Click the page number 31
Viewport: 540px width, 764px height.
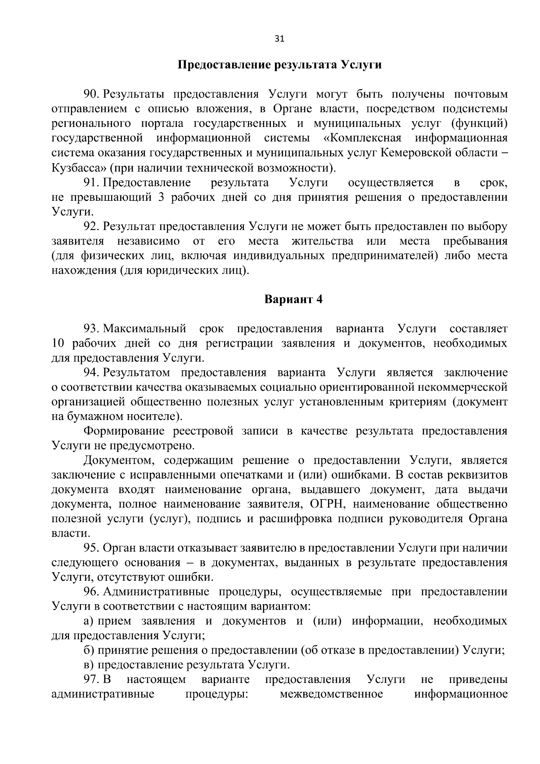(x=279, y=39)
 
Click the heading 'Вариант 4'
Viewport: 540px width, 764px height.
(x=293, y=299)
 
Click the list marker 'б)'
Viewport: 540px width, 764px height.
(x=89, y=651)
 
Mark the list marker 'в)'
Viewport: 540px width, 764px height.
(x=88, y=665)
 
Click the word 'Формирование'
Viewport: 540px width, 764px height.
(x=121, y=431)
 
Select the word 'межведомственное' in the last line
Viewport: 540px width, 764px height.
(x=331, y=694)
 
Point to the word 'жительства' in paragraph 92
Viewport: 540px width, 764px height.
(x=322, y=241)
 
